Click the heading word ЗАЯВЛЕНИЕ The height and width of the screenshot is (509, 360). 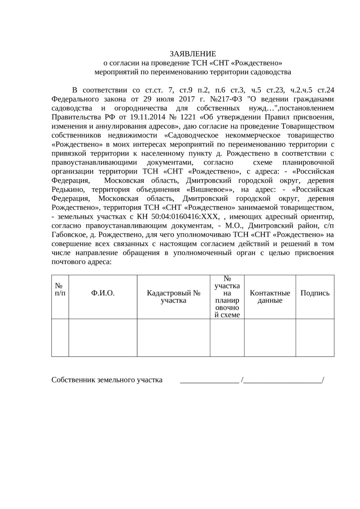point(193,54)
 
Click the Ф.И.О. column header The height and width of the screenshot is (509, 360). point(103,293)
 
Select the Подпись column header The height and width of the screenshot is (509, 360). point(315,293)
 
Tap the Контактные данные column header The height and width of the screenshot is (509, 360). point(270,297)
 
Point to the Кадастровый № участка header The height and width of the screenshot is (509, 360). point(173,297)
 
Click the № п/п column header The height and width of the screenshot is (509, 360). point(60,289)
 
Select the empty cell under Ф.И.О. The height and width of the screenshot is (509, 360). point(103,337)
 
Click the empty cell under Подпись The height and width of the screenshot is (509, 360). point(315,337)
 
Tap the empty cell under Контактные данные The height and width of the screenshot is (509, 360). point(270,337)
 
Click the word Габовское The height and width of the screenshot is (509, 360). point(69,235)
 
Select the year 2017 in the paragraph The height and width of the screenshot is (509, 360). point(187,99)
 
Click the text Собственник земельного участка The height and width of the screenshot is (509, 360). point(107,380)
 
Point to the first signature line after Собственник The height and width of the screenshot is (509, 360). point(210,381)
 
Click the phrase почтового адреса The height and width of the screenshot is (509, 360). point(81,262)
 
